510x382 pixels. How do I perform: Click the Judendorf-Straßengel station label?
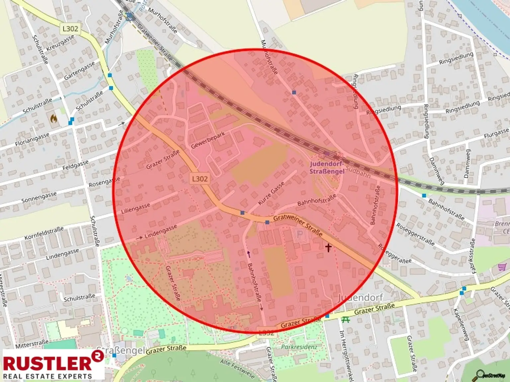point(327,167)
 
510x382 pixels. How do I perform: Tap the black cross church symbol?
point(328,247)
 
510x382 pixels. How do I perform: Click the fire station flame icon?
point(53,118)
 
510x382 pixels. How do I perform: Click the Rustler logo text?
point(47,363)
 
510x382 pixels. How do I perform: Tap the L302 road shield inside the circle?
point(200,179)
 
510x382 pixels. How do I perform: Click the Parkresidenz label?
point(299,347)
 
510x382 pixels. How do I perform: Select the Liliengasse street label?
point(135,208)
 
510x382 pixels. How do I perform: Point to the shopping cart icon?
point(502,267)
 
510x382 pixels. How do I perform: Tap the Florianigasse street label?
point(32,140)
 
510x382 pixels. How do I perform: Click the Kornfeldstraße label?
point(44,233)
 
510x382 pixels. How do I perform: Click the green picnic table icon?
point(345,319)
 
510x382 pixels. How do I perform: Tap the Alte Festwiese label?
point(237,368)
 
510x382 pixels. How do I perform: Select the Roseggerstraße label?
point(415,234)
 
